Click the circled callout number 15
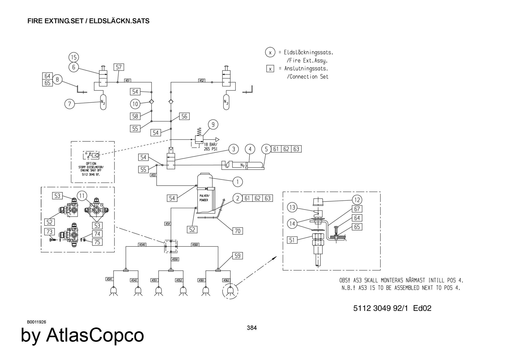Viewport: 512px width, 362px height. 74,57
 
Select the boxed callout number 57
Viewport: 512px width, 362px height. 119,67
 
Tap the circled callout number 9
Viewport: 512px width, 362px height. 213,125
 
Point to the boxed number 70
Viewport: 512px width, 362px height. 238,231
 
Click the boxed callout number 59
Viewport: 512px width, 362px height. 238,256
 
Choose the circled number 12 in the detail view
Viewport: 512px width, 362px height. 357,200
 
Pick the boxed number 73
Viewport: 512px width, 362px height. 49,232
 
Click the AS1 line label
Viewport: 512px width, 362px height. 128,80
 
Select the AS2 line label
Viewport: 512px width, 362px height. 202,80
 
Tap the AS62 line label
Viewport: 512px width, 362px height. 226,280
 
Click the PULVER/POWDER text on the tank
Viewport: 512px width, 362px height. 204,198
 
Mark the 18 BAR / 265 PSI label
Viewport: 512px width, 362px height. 211,147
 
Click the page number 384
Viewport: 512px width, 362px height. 252,328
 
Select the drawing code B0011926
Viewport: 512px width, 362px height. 37,322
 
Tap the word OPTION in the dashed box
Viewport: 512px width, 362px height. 91,163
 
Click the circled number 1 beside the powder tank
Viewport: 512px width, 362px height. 238,182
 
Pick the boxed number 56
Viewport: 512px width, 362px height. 184,116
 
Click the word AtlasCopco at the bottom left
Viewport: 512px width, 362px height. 95,335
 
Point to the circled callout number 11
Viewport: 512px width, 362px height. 82,196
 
